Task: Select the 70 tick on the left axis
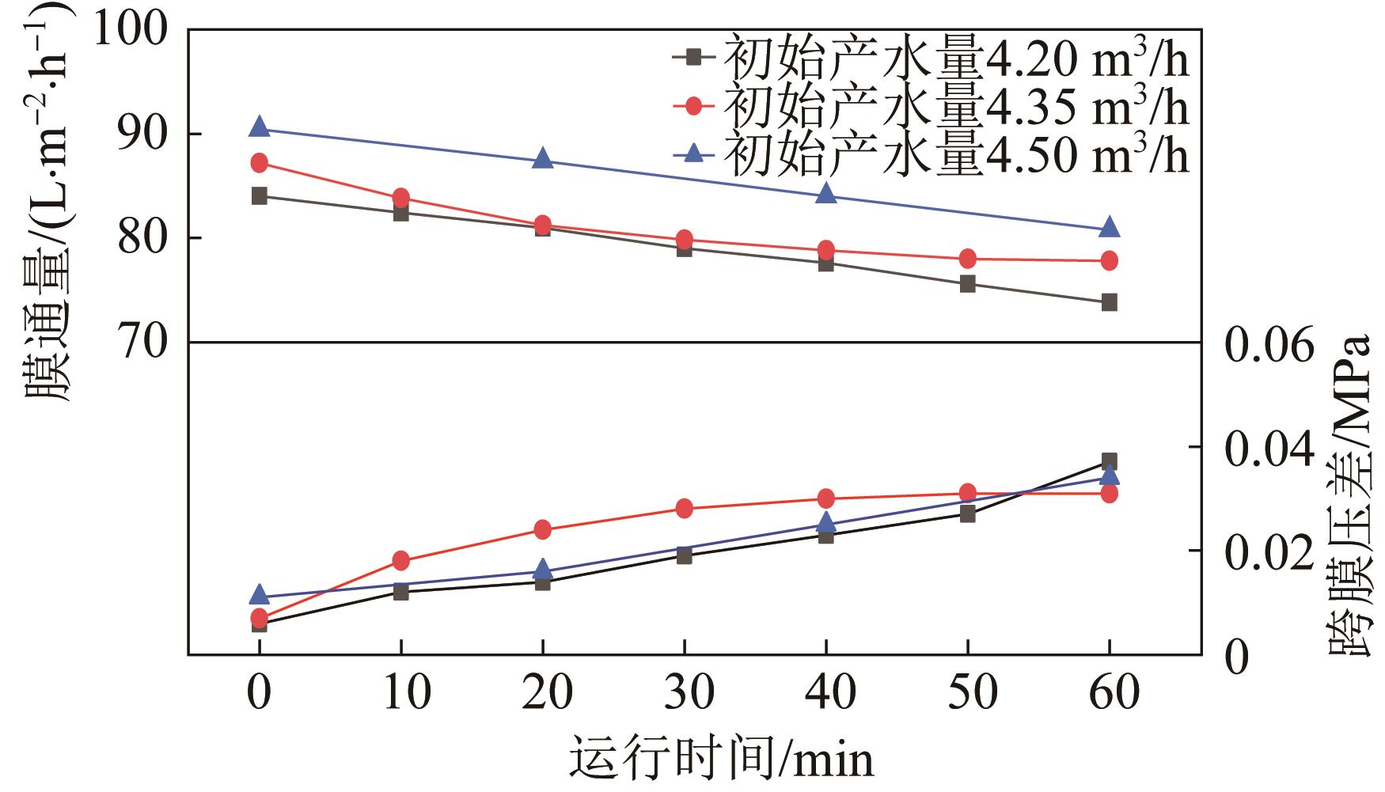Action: coord(143,342)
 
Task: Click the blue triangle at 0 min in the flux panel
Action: coord(260,127)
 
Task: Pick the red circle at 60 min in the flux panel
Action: coord(1110,260)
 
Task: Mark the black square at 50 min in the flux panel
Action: coord(968,284)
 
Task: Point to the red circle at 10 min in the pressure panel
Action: coord(401,561)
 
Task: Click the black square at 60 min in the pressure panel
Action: coord(1110,461)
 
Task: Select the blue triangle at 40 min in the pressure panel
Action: coord(826,522)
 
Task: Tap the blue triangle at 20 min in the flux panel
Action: coord(543,158)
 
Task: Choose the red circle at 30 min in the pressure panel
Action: coord(685,508)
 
